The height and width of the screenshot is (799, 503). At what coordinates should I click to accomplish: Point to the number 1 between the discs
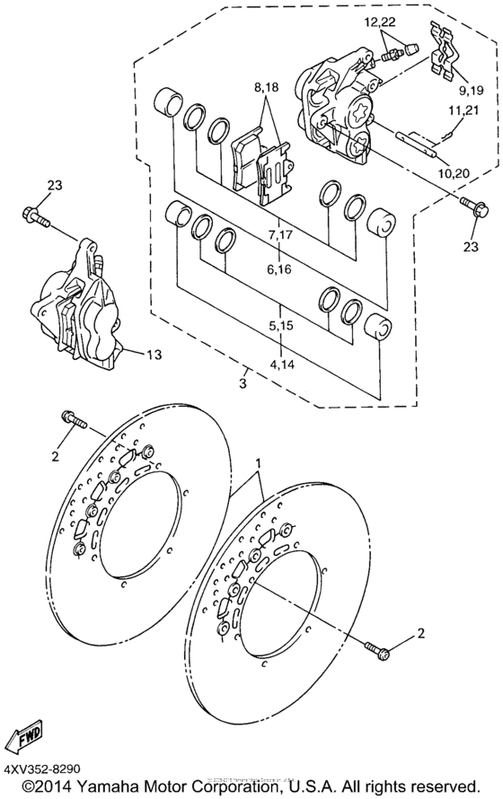(x=260, y=462)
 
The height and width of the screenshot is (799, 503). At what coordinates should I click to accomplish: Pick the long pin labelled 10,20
(x=415, y=142)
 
